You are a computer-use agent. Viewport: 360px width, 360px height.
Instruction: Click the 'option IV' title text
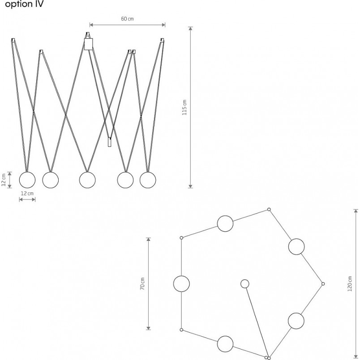[24, 4]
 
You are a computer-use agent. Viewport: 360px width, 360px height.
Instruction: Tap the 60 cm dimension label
[127, 19]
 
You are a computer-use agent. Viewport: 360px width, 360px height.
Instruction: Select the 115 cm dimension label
[184, 107]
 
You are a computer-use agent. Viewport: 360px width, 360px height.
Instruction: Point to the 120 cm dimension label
[350, 284]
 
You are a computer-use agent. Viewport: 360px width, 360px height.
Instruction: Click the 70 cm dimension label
[142, 284]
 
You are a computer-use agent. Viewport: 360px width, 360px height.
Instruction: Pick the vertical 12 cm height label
[4, 180]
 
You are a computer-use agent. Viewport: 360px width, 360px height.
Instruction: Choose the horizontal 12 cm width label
[27, 193]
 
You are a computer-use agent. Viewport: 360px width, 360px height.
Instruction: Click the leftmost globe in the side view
[27, 180]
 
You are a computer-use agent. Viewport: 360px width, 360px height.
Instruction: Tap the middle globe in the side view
[87, 180]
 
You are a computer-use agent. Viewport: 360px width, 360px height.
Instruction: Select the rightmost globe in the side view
[148, 180]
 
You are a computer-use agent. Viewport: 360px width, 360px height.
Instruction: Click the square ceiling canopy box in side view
[89, 44]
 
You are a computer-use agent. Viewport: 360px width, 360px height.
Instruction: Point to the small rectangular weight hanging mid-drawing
[110, 142]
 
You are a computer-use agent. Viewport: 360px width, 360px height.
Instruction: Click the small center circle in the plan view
[245, 284]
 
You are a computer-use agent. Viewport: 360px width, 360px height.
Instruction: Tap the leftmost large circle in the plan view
[181, 284]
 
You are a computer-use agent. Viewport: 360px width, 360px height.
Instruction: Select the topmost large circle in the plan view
[225, 223]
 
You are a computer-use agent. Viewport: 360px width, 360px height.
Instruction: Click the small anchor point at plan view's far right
[323, 284]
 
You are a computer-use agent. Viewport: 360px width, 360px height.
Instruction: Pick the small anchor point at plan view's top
[269, 210]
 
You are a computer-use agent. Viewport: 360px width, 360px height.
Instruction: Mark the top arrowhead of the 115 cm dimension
[190, 29]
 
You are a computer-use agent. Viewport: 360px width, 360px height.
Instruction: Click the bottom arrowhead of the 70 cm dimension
[149, 328]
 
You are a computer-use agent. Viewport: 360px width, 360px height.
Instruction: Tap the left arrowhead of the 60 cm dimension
[92, 25]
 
